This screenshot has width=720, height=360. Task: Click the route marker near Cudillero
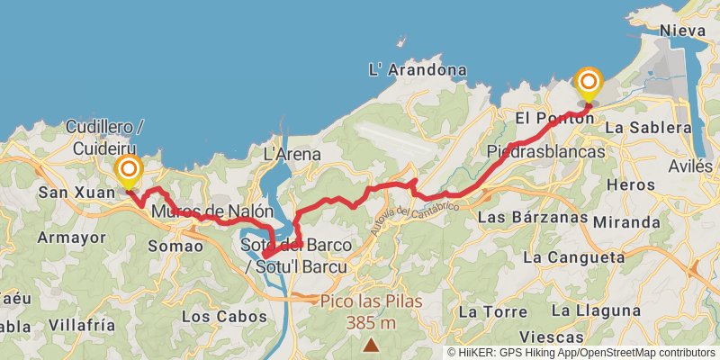[129, 169]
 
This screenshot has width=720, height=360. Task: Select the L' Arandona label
[418, 70]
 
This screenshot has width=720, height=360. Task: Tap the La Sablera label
[648, 128]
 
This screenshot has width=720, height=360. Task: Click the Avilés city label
[691, 166]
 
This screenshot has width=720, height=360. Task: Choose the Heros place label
[625, 184]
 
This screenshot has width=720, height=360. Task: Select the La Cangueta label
[573, 257]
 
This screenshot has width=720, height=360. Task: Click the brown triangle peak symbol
[371, 344]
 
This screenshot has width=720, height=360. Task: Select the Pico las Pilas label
[372, 301]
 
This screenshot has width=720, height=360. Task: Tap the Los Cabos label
[224, 317]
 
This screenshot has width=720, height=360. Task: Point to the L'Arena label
[292, 155]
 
